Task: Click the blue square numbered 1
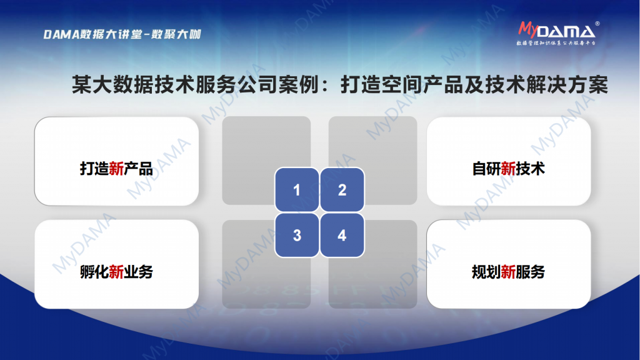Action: coord(297,190)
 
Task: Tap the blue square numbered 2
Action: coord(342,190)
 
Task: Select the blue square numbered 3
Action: coord(297,235)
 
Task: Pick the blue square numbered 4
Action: coord(342,235)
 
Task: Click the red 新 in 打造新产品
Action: coord(116,169)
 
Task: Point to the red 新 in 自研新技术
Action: coord(508,169)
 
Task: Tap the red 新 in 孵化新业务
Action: coord(116,272)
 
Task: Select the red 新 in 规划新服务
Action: coord(508,272)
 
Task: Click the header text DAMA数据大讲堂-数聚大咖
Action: coord(122,34)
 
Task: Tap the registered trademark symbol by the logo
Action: coord(597,24)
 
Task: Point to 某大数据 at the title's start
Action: coord(112,85)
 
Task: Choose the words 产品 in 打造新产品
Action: coord(138,169)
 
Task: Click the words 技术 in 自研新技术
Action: coord(530,169)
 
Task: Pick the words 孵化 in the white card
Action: coord(94,272)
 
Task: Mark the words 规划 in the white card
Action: coord(486,272)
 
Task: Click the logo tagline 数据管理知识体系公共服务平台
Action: coord(556,43)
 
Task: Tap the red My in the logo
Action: coord(527,29)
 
